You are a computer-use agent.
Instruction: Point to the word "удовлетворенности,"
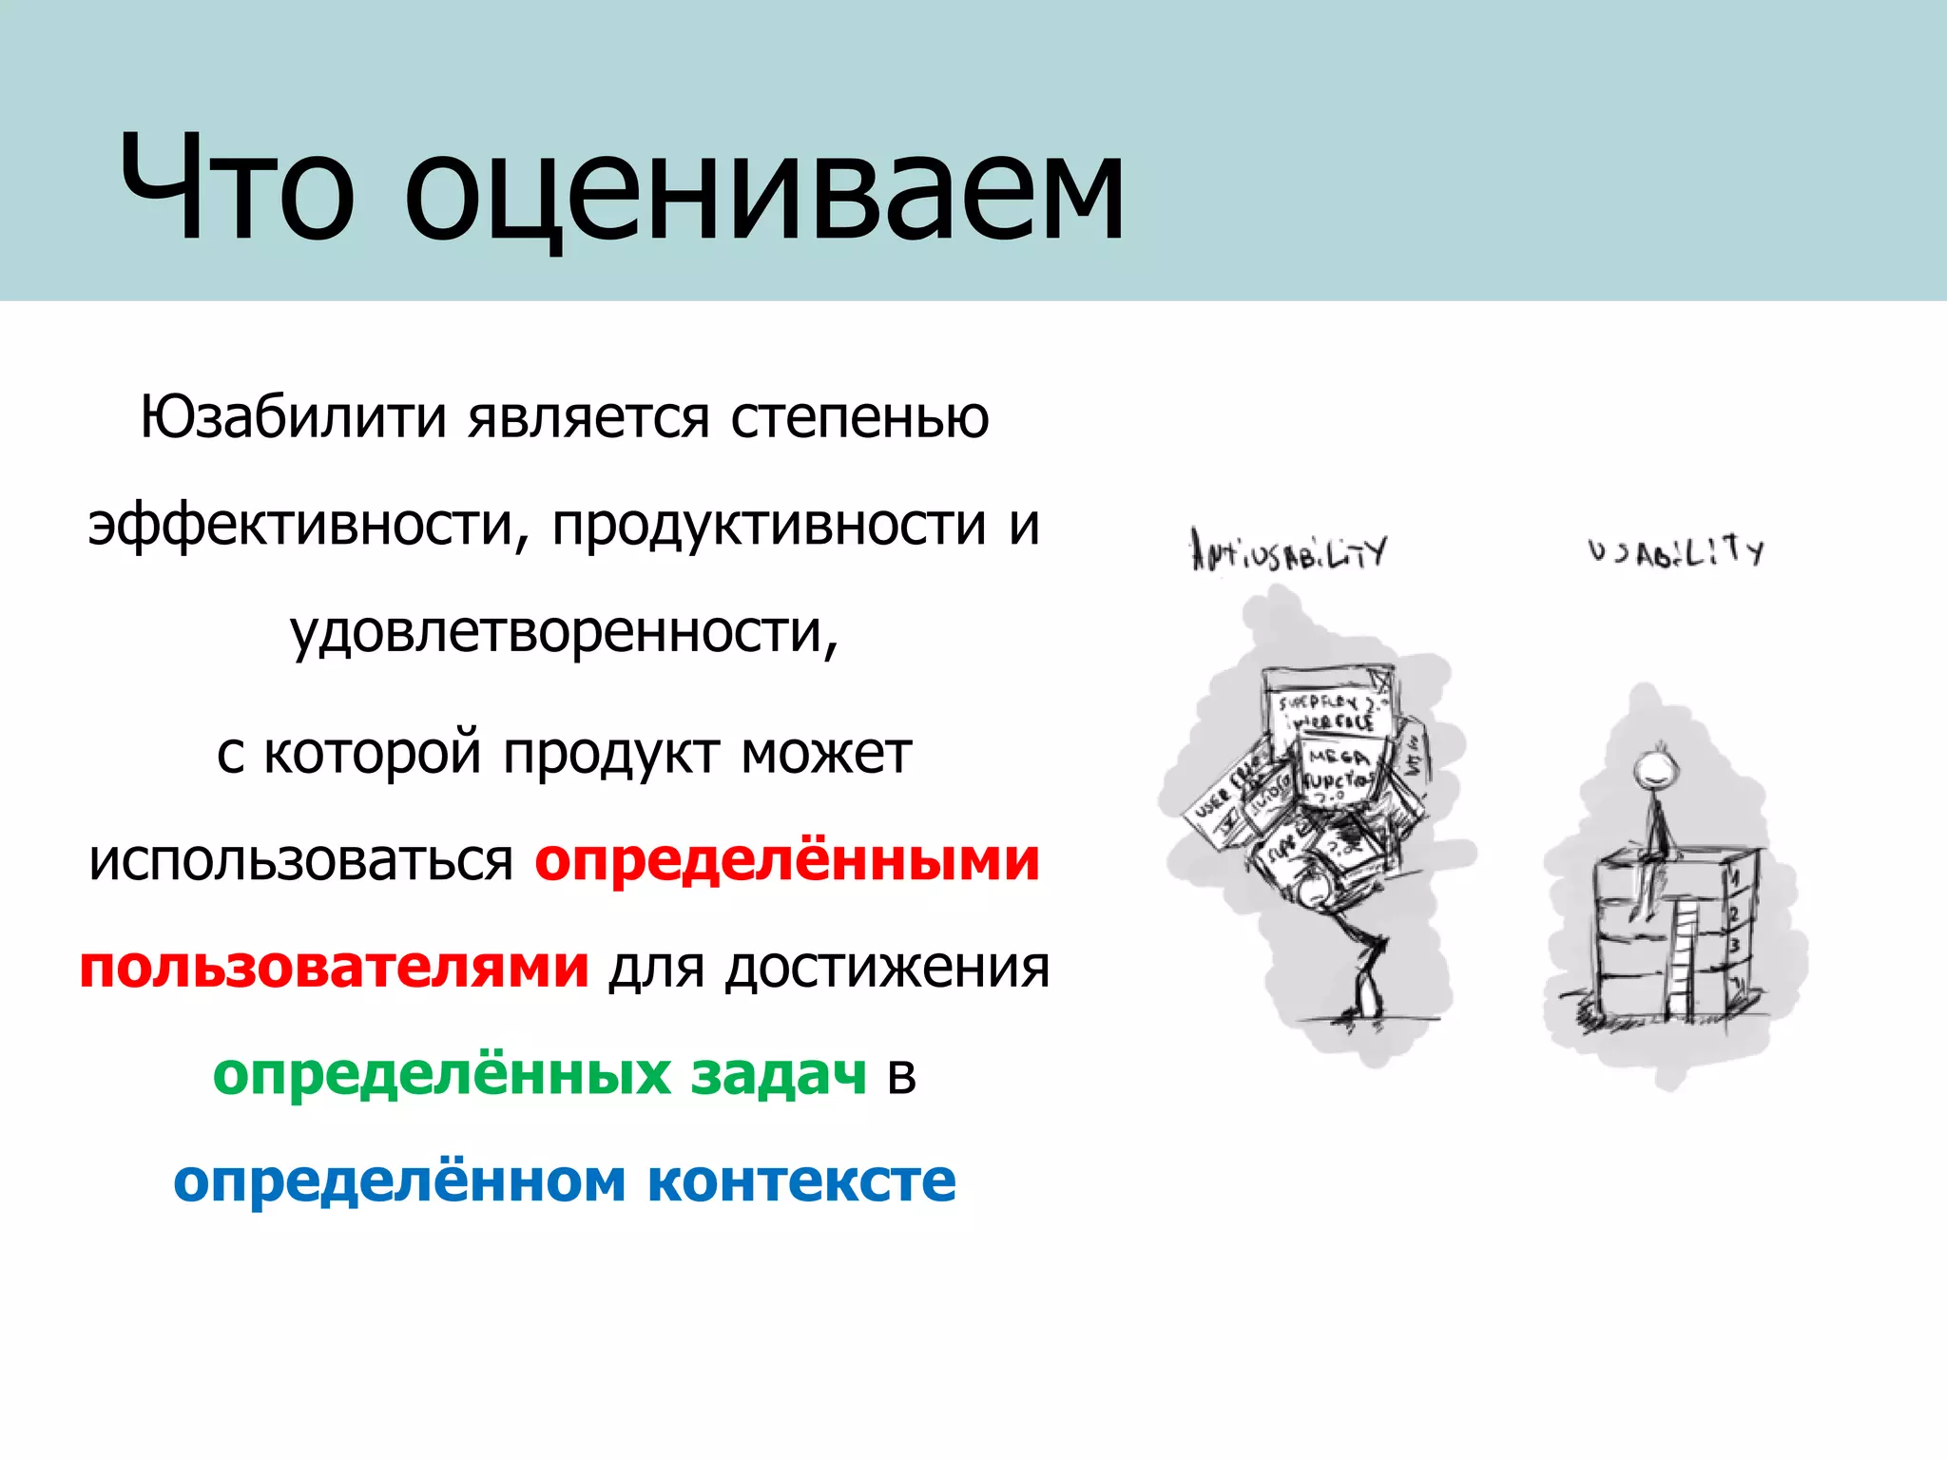(565, 632)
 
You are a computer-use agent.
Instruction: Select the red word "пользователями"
(334, 968)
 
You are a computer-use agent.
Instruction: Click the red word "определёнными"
(787, 860)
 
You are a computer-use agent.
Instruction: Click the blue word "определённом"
(399, 1181)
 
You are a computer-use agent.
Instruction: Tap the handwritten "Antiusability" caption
(1288, 551)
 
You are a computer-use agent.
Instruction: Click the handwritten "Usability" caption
(1675, 551)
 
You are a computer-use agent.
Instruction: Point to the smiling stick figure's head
(1651, 767)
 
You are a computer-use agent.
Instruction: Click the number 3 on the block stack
(1734, 946)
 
